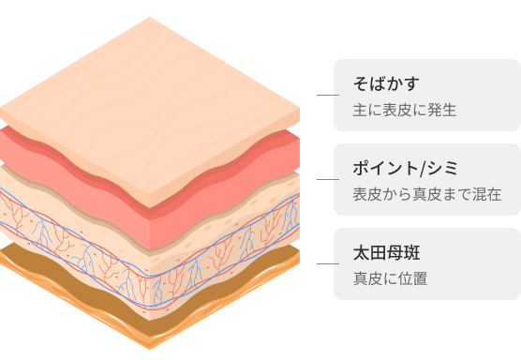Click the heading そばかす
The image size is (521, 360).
click(386, 83)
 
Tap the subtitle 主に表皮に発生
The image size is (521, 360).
click(405, 110)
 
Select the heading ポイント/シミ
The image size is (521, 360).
click(406, 168)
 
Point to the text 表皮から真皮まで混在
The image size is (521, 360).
click(427, 194)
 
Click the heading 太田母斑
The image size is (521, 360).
click(386, 252)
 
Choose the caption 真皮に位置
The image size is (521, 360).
click(390, 278)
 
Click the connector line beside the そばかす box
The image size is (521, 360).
click(328, 95)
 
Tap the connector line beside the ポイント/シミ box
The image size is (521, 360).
click(328, 179)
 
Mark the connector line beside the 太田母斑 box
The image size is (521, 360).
click(328, 264)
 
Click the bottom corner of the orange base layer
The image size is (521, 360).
click(150, 350)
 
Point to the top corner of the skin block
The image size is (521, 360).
click(150, 17)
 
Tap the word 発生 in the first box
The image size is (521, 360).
click(442, 110)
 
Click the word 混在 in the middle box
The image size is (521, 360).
click(486, 194)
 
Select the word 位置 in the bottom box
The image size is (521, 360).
click(412, 278)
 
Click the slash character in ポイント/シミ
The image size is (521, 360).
click(423, 169)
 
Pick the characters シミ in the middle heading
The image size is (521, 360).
click(443, 168)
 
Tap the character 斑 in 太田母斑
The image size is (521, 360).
click(412, 252)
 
